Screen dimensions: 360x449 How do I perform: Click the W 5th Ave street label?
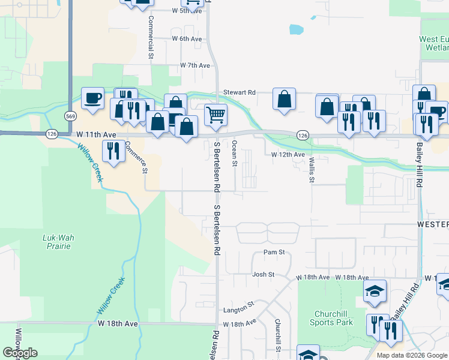click(x=184, y=11)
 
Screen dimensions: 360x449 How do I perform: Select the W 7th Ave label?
click(x=195, y=65)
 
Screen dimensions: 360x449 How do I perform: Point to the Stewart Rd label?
click(x=240, y=92)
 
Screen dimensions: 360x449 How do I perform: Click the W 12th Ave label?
click(x=288, y=154)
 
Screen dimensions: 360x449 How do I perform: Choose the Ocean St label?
click(x=235, y=154)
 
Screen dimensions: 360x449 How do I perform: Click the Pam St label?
click(x=274, y=253)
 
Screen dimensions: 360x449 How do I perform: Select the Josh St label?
click(x=263, y=275)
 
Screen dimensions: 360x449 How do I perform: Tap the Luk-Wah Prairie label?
click(x=58, y=242)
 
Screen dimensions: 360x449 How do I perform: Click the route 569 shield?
click(x=71, y=116)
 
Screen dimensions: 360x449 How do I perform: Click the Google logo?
click(x=20, y=353)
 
